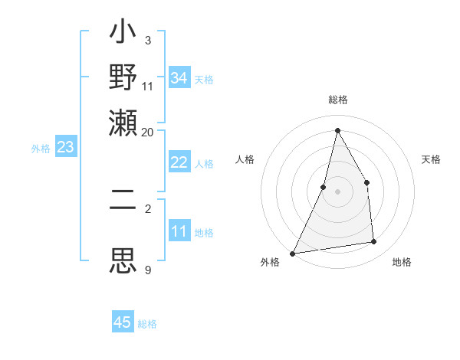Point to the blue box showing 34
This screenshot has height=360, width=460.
click(179, 78)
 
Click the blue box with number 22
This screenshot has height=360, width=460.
click(179, 162)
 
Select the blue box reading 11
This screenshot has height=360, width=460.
click(179, 231)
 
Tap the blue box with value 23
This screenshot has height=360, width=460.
click(65, 147)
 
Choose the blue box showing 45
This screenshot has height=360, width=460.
click(123, 322)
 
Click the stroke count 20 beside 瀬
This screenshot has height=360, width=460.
click(148, 132)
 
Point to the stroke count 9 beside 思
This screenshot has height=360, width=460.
click(148, 270)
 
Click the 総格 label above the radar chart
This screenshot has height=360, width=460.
click(337, 100)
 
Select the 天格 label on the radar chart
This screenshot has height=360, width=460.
click(432, 159)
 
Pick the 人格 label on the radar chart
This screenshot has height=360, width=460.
click(245, 159)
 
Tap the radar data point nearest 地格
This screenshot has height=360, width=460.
click(374, 242)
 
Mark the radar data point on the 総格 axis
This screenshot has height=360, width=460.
click(337, 130)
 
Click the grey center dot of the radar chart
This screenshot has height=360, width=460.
click(337, 191)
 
